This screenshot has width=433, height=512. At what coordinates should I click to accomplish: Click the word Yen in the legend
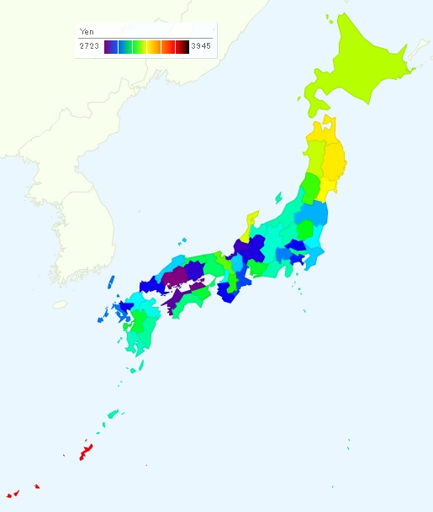87,31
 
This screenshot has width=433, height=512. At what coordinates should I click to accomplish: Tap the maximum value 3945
201,46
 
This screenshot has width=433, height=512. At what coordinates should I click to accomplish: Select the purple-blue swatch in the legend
111,46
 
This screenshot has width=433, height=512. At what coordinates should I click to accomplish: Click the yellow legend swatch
154,46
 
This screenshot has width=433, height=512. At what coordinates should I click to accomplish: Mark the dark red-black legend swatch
182,46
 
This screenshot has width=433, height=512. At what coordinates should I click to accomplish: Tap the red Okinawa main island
85,453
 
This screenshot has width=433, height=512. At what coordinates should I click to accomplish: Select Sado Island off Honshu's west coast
278,198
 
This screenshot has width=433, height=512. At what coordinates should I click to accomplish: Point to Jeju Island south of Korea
59,304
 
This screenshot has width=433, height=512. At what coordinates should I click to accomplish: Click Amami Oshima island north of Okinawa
113,413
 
